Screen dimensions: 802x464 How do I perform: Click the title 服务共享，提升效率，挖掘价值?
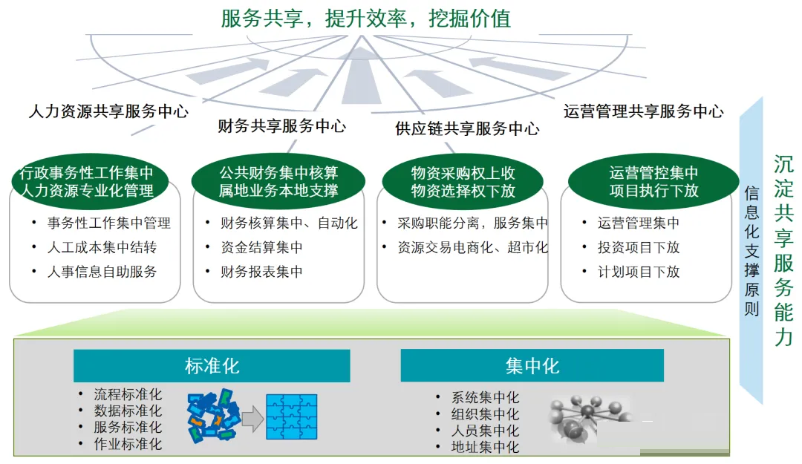[365, 19]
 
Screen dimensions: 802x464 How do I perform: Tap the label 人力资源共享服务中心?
[108, 111]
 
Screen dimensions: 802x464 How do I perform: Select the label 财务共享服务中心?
[282, 126]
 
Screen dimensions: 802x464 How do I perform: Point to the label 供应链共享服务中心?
[467, 128]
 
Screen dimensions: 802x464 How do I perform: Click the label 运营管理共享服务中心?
[643, 111]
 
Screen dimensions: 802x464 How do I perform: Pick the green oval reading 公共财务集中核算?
[278, 182]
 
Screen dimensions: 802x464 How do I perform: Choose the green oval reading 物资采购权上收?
[463, 182]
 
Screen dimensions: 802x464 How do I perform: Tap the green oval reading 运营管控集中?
[653, 182]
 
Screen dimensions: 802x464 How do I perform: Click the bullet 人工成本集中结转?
[102, 248]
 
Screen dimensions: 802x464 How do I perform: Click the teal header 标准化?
[212, 366]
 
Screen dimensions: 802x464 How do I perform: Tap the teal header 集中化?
[532, 365]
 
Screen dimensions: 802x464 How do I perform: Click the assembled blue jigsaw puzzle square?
[292, 417]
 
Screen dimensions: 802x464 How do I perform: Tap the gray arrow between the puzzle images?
[252, 419]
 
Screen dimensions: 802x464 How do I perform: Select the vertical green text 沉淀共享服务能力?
[783, 251]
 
